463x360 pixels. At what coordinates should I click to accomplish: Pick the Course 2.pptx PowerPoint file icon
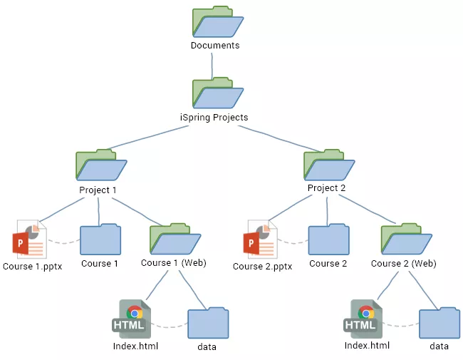(x=260, y=239)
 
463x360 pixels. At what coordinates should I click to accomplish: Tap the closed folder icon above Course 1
(x=100, y=240)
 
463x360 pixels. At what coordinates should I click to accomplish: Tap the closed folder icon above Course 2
(x=328, y=240)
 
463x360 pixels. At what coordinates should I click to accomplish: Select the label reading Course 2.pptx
(x=262, y=267)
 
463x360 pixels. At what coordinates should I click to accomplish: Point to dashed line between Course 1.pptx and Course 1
(x=63, y=242)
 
